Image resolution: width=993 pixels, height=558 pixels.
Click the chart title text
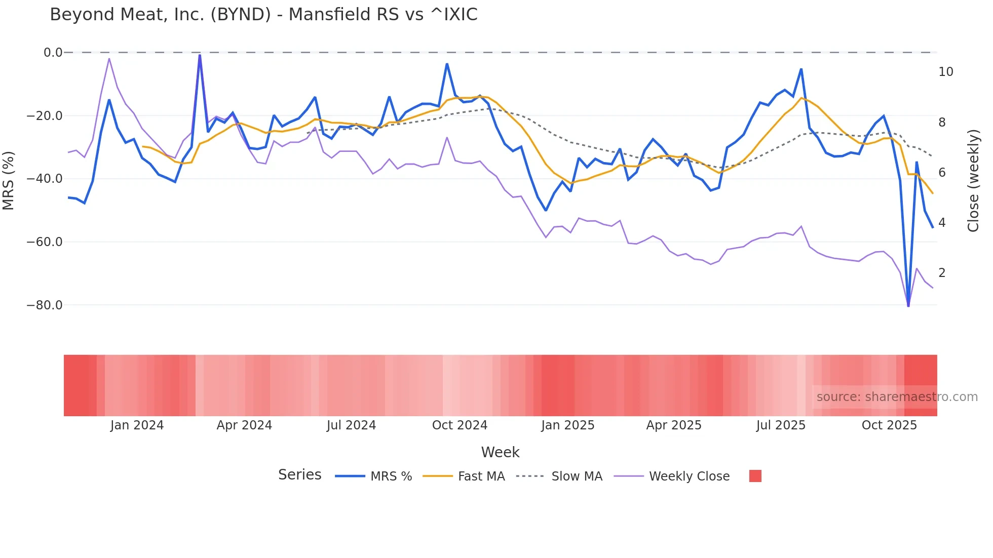[263, 15]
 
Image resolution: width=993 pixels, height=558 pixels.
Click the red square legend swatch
[755, 476]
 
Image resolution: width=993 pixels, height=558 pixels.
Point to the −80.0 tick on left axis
[45, 305]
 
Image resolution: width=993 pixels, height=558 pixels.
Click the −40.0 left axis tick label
[45, 179]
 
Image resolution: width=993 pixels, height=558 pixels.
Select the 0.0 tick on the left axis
[53, 53]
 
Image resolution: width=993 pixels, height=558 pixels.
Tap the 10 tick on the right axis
[945, 72]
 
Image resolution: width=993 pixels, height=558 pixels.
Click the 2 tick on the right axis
[942, 273]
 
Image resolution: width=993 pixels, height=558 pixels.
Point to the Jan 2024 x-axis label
[137, 425]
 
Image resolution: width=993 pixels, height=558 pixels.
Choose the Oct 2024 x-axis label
[460, 425]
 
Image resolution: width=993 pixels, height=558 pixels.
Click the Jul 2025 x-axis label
[781, 425]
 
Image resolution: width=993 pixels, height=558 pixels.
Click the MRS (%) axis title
[9, 180]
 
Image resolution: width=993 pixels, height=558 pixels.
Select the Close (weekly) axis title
[973, 181]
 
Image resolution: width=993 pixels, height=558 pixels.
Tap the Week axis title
[500, 452]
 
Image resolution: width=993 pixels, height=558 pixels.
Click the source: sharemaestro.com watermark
[897, 397]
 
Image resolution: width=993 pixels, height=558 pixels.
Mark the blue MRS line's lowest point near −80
[908, 305]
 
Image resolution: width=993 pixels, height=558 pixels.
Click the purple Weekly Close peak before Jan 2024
[109, 59]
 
